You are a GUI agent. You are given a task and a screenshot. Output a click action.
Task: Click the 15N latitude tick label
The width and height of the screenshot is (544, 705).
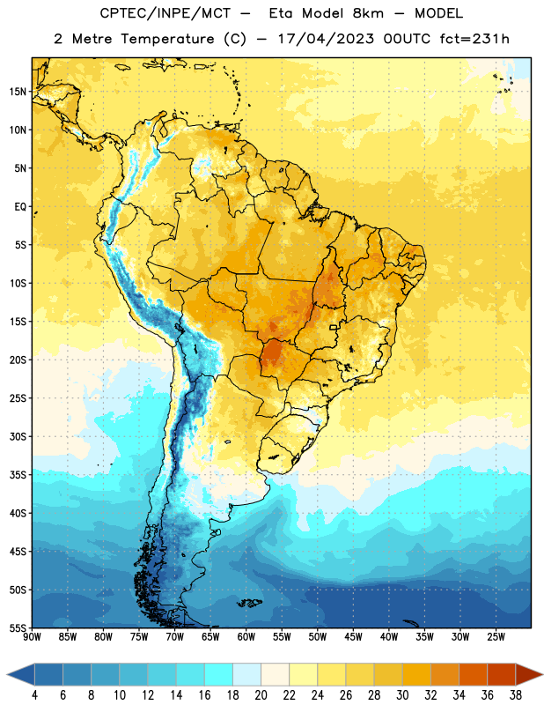[x=18, y=92]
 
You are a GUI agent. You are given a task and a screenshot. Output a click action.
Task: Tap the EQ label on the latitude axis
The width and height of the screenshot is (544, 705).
[x=20, y=207]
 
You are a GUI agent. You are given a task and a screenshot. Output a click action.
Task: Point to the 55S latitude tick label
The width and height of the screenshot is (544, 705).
[x=18, y=627]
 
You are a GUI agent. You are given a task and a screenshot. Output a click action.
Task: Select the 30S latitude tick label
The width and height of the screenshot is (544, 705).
[x=18, y=436]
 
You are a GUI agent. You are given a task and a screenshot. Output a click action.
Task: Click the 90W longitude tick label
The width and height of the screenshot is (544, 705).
[x=32, y=637]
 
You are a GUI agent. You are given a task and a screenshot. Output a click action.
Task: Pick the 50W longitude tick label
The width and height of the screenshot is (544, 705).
[x=318, y=637]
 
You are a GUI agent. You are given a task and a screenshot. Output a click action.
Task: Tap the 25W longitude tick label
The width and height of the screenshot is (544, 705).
[x=496, y=637]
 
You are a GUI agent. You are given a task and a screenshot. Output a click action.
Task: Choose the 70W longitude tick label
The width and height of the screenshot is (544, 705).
[x=175, y=637]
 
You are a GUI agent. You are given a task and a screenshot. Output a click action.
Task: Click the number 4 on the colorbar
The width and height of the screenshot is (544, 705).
[x=34, y=695]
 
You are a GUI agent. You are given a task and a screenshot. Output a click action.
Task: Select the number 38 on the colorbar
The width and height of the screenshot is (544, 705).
[x=516, y=695]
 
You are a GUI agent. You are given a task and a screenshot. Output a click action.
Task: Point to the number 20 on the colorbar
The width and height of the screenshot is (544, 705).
[x=261, y=695]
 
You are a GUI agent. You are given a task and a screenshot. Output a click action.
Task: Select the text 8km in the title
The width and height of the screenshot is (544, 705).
[x=368, y=13]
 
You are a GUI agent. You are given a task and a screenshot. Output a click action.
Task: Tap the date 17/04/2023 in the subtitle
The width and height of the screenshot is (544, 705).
[x=326, y=39]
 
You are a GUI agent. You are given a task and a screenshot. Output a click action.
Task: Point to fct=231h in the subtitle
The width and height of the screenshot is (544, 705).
[x=474, y=39]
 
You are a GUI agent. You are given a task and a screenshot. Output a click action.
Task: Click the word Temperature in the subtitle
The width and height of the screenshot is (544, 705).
[x=167, y=39]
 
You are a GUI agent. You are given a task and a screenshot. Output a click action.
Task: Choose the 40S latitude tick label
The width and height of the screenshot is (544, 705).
[x=18, y=513]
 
